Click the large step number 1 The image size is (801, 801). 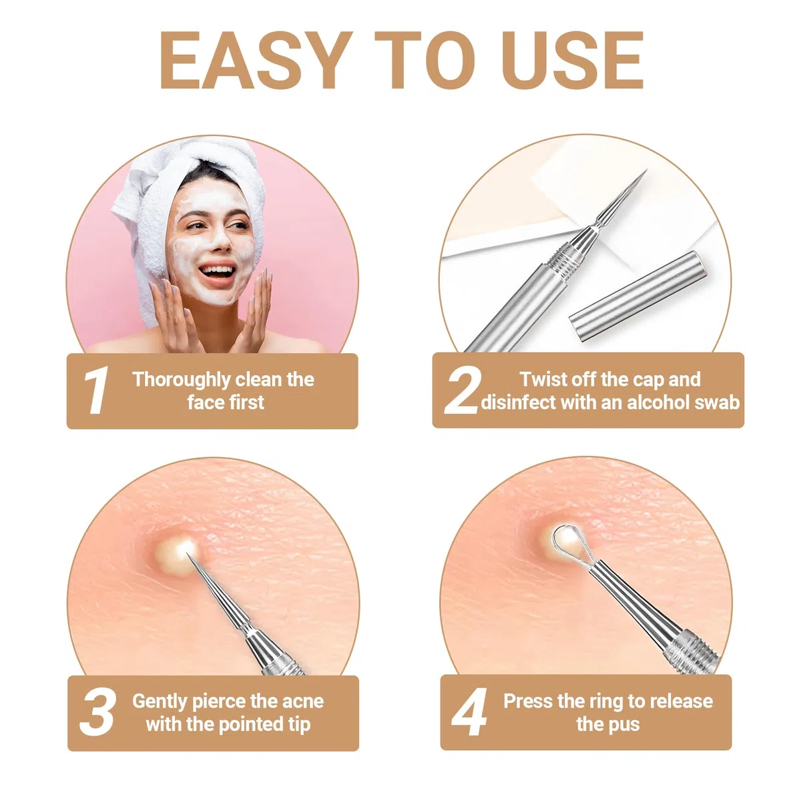[96, 390]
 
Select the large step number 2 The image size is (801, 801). [462, 390]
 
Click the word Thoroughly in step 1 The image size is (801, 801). [182, 380]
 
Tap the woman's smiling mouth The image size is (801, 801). [217, 272]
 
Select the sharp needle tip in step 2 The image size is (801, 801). [636, 183]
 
